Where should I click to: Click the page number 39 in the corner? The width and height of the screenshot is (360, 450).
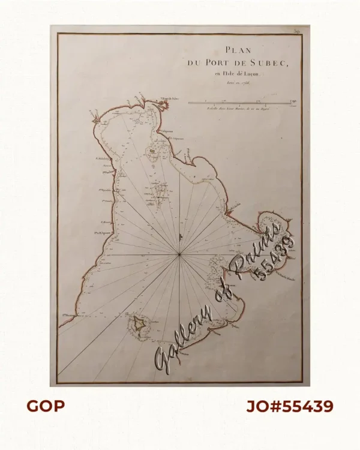(x=296, y=29)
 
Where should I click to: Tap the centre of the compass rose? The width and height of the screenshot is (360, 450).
(x=179, y=255)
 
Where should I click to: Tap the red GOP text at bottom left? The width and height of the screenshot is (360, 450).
(x=45, y=406)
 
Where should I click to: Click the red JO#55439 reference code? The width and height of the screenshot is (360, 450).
(x=289, y=406)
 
